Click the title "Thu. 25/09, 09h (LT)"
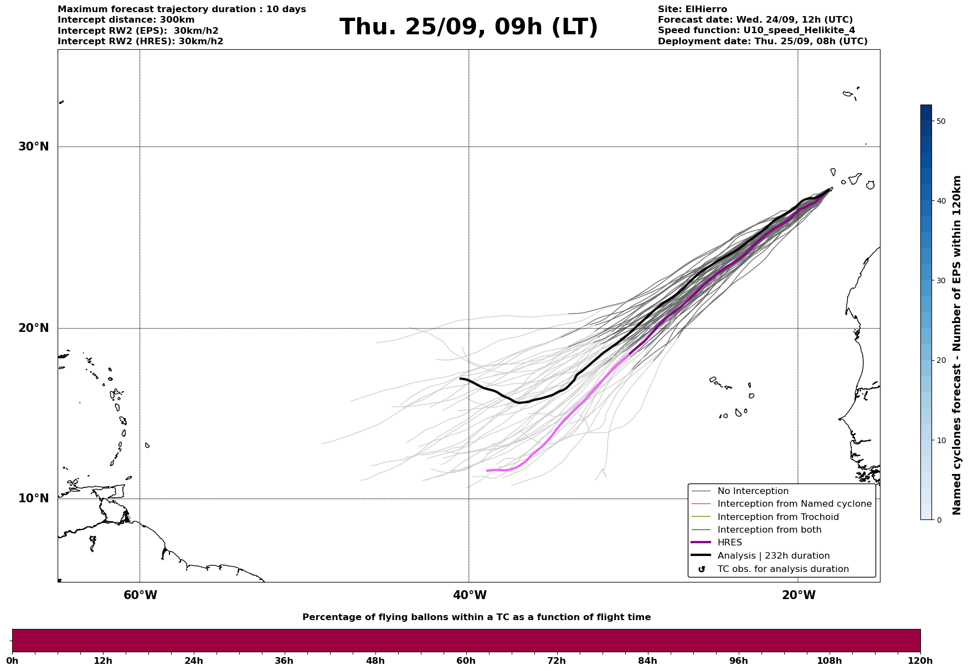tap(468, 27)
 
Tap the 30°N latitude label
tap(34, 147)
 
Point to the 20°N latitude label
tap(34, 328)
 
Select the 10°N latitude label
tap(34, 498)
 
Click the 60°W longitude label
tap(140, 595)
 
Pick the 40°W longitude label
tap(470, 595)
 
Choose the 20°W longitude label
tap(799, 595)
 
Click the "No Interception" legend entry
tap(753, 491)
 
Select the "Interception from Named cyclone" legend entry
tap(794, 504)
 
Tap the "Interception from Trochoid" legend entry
tap(778, 517)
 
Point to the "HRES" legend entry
tap(729, 543)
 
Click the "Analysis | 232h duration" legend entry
tap(773, 556)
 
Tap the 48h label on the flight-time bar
tap(375, 660)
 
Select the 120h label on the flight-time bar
tap(920, 660)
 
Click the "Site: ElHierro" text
tap(692, 9)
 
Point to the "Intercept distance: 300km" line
tap(126, 20)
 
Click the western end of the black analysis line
tap(461, 378)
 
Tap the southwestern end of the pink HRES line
tap(487, 471)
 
